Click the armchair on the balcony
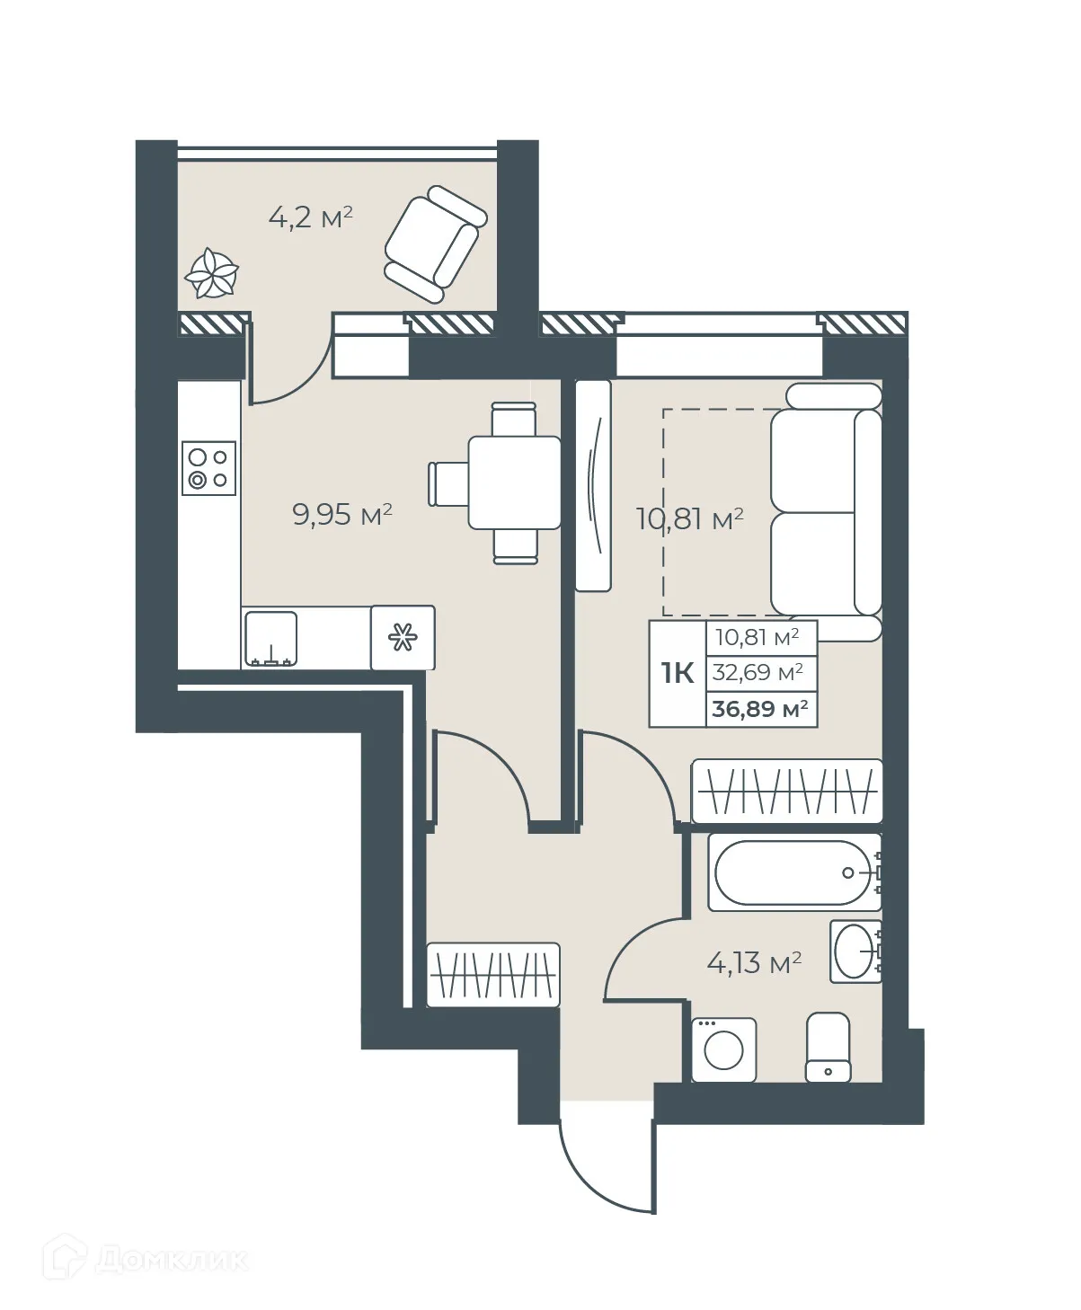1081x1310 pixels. [435, 243]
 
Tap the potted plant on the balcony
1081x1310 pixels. [212, 273]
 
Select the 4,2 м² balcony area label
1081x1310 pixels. [310, 217]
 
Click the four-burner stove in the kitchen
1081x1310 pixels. [208, 467]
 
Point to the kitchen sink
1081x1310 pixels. [270, 639]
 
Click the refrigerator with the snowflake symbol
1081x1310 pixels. [403, 637]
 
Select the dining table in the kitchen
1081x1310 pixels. [514, 482]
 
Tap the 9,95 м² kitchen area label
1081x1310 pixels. [342, 515]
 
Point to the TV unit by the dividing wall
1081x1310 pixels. [593, 485]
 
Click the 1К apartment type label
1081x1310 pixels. [678, 673]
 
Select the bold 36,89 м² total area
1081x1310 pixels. [759, 709]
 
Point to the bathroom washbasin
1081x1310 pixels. [855, 951]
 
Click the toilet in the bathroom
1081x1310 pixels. [828, 1047]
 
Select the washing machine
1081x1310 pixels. [723, 1049]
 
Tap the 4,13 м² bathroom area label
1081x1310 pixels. [754, 964]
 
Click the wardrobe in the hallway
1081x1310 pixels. [492, 974]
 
